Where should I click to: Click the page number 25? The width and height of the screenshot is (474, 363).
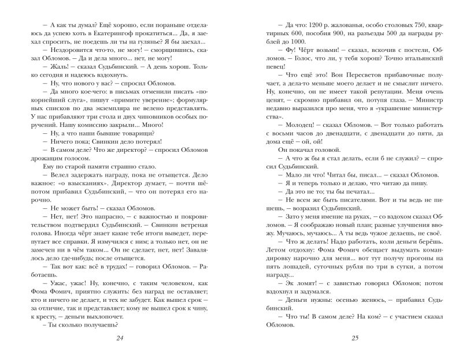[354, 338]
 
